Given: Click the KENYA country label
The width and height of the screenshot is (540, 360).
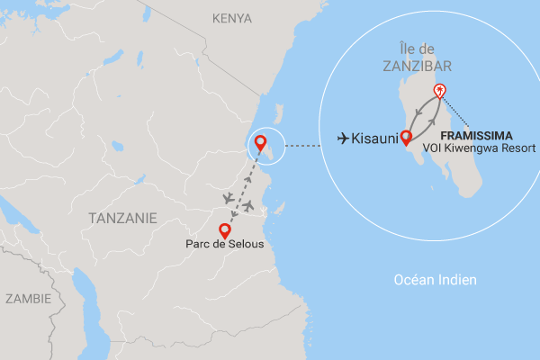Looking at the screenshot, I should (232, 18).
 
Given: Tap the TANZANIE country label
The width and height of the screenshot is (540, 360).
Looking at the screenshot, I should (122, 218).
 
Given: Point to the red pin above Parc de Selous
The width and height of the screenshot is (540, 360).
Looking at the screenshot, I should (225, 229).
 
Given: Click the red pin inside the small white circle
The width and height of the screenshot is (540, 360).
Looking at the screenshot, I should (260, 142).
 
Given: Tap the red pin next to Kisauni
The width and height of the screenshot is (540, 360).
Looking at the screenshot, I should (405, 138).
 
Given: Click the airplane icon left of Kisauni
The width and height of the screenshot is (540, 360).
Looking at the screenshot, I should (344, 138).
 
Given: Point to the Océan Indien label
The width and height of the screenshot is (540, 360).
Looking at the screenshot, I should (436, 281).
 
